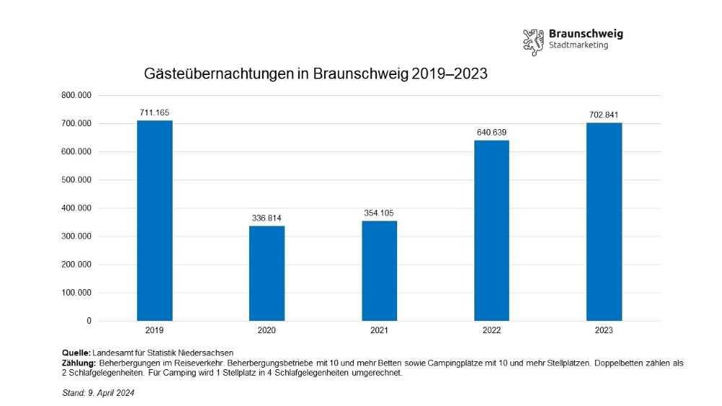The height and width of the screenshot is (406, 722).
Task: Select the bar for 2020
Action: coord(267,273)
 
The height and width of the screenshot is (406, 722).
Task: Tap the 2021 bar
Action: coord(379,270)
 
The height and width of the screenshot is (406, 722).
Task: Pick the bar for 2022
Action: coord(492,230)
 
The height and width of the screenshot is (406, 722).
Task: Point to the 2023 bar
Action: coord(604,221)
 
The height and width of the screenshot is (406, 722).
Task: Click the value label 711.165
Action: coord(155,112)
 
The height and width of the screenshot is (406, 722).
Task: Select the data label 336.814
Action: coord(267,218)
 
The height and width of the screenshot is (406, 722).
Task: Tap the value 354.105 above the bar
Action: coord(379,213)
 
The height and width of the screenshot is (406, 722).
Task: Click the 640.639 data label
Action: coord(492,132)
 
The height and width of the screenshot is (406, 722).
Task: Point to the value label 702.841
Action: coord(604,115)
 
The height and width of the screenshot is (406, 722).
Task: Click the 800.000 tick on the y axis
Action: coord(75,95)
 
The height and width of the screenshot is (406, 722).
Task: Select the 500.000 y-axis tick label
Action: coord(75,180)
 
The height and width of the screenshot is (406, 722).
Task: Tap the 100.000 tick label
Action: coord(75,293)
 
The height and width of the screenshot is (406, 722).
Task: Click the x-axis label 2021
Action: coord(379,330)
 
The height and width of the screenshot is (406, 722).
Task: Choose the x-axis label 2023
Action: coord(604,330)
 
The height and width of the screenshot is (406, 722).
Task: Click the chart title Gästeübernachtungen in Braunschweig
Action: coord(316,74)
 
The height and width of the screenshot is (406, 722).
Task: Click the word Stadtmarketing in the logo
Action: coord(578,45)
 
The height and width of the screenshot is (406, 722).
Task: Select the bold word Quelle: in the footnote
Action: coord(77,352)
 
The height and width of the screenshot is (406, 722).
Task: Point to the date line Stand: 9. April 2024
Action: coord(99,393)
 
